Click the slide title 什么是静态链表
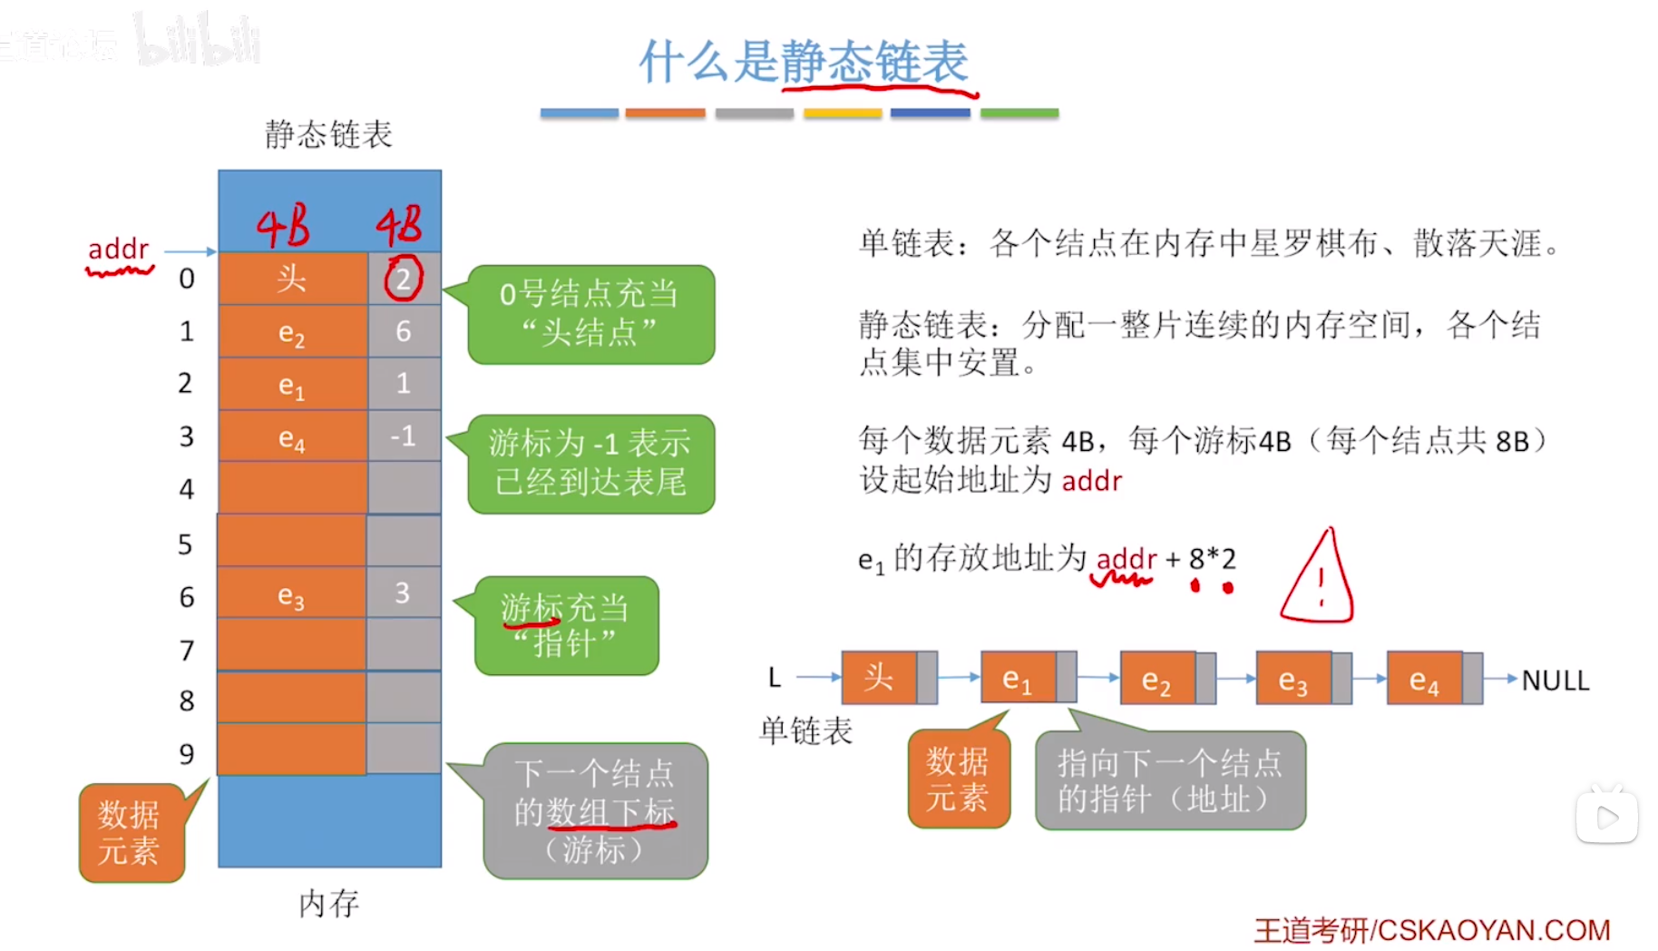coord(804,62)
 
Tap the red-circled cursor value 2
coord(403,279)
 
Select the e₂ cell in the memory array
coord(291,332)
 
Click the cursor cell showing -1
coord(403,436)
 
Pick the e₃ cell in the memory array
coord(291,594)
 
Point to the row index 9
coord(186,753)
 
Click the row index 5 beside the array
coord(185,544)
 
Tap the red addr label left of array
coord(118,250)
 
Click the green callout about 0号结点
coord(590,314)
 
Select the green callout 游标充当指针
coord(566,625)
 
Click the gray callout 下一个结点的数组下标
coord(595,810)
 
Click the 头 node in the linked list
coord(880,678)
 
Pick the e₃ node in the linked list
coord(1293,679)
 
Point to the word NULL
coord(1555,680)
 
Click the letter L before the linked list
coord(774,678)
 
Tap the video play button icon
coord(1606,817)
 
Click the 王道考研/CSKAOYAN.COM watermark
coord(1431,929)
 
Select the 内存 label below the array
coord(328,903)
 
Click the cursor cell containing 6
coord(403,331)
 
